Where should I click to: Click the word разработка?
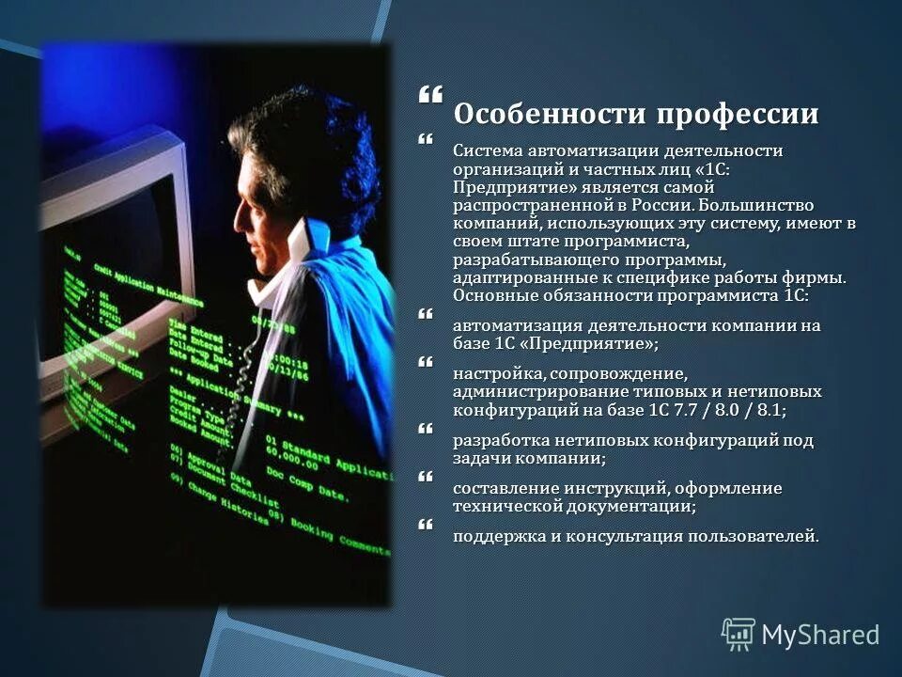505,440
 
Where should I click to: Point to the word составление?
506,489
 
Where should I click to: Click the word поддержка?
501,537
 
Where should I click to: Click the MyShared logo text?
820,635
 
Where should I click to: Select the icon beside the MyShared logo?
739,635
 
